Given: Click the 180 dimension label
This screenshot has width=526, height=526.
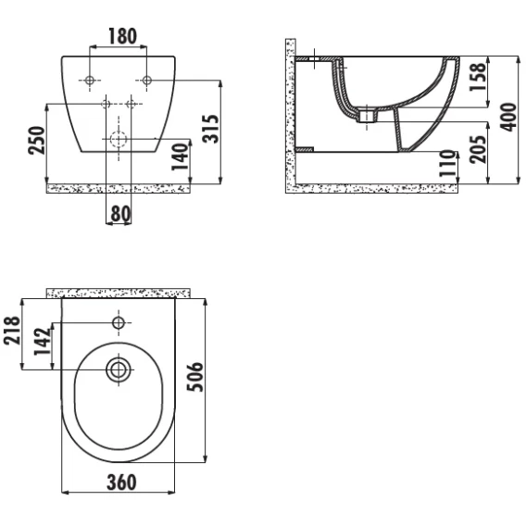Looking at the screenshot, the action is (123, 36).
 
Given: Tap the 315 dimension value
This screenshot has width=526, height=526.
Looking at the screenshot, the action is (211, 129).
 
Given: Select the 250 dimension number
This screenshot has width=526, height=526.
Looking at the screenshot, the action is (36, 140).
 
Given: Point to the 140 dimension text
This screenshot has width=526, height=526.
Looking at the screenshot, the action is (181, 157).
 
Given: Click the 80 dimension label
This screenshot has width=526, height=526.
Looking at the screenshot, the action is (120, 213).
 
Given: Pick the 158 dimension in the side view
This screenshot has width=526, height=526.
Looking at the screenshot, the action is (477, 77).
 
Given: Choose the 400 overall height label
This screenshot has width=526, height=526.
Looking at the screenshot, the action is (508, 117).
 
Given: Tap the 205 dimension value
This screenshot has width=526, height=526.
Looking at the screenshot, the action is (477, 149).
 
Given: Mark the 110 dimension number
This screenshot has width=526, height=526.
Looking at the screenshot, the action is (448, 163).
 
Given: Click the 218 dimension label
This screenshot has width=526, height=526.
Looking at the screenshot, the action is (12, 330).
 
